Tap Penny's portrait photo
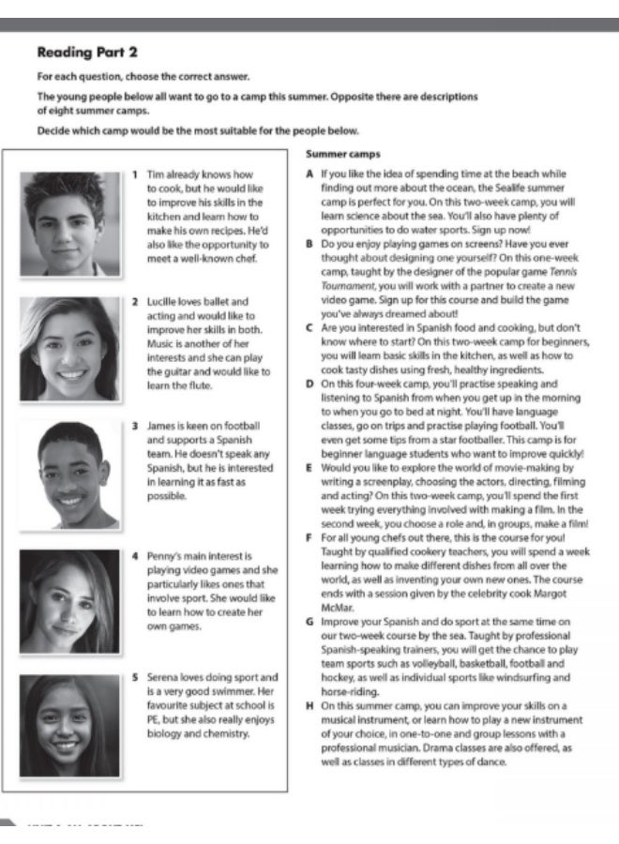[68, 601]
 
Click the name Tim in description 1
[156, 174]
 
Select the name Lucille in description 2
[163, 302]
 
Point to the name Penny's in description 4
[163, 556]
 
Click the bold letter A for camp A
[309, 174]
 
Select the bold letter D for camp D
[309, 384]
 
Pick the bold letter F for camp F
[309, 537]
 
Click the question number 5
[136, 676]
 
